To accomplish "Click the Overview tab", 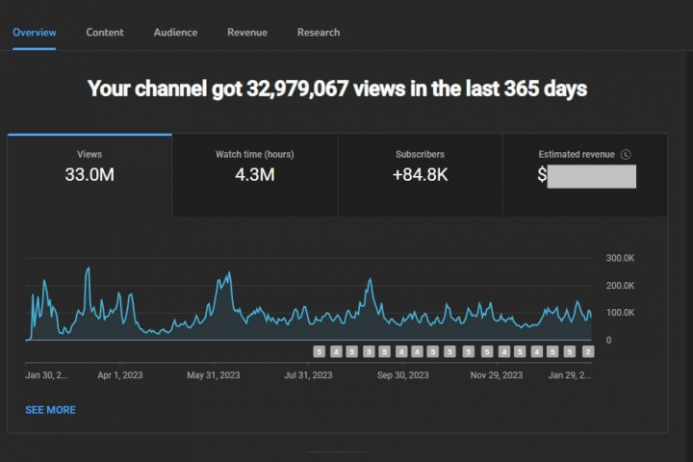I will pos(34,32).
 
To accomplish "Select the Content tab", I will pos(105,32).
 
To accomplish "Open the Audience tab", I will pos(175,32).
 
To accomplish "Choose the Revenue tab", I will pos(247,32).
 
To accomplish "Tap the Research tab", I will pos(319,32).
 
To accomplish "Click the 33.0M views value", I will pos(90,174).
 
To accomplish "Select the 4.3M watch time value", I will pos(255,174).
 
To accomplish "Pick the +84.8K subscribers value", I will pos(420,174).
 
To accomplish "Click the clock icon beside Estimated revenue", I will pos(626,154).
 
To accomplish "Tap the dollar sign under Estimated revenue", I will pos(542,175).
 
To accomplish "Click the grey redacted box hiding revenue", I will pos(592,176).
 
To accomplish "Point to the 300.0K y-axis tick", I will pos(621,258).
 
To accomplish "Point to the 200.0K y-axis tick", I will pos(621,286).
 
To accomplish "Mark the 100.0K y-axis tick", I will pos(621,313).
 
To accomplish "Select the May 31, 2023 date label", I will pos(214,375).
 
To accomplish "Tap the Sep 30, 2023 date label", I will pos(402,375).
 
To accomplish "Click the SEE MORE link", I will pos(50,410).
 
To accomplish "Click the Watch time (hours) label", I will pos(255,154).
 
